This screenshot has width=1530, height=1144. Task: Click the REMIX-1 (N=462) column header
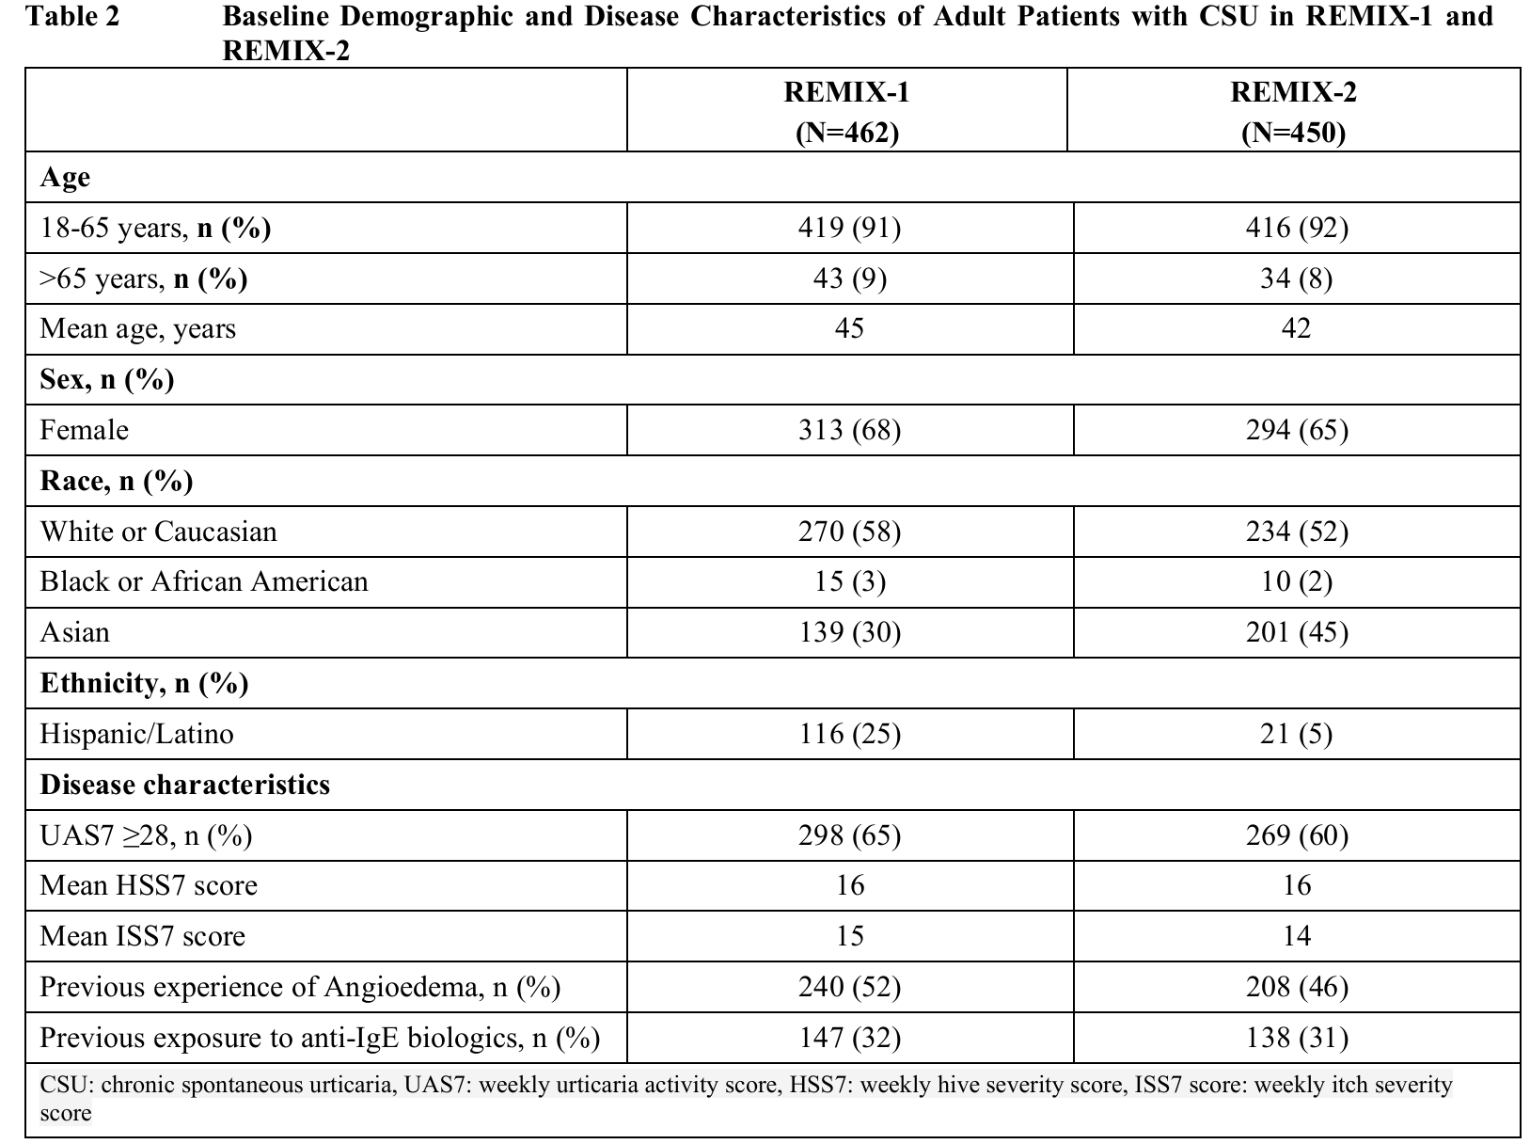(x=847, y=112)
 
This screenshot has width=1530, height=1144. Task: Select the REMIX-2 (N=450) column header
(x=1294, y=112)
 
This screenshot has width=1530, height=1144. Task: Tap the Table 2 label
(x=73, y=16)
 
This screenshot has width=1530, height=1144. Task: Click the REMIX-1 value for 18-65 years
(x=849, y=228)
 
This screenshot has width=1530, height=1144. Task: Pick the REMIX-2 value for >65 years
(x=1296, y=278)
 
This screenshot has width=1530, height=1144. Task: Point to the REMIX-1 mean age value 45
(x=849, y=328)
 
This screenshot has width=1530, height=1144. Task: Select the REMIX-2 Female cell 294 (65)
(x=1296, y=430)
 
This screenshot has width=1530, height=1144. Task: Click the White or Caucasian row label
(x=158, y=532)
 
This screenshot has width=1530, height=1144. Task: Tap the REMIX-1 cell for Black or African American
(x=849, y=581)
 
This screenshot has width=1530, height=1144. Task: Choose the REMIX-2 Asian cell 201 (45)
(x=1296, y=632)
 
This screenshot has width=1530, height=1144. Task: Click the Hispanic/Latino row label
(x=136, y=734)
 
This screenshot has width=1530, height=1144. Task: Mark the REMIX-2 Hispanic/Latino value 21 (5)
(x=1296, y=734)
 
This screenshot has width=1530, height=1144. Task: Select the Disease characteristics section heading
(x=184, y=785)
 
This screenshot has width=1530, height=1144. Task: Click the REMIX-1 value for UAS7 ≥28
(x=849, y=835)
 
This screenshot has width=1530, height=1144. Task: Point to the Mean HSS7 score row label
(x=149, y=885)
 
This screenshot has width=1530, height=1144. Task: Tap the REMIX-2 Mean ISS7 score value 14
(x=1296, y=936)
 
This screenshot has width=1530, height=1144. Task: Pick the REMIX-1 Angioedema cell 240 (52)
(x=849, y=987)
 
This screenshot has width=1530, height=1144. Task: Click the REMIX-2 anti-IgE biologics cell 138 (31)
(x=1296, y=1038)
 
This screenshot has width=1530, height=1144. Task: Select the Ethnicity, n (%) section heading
(x=144, y=683)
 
